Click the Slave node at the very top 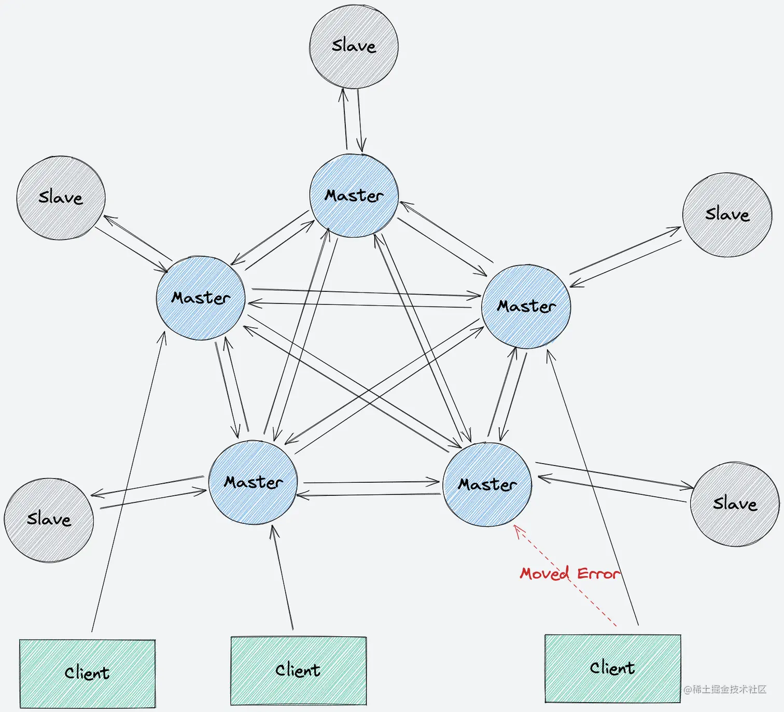[354, 47]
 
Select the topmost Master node [354, 196]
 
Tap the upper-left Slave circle [61, 198]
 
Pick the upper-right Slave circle [727, 215]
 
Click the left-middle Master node [201, 298]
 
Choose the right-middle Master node [526, 306]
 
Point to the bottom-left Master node [253, 482]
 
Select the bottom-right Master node [487, 484]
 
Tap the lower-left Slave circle [49, 519]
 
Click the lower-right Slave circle [734, 504]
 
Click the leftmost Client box [87, 673]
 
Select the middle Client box [298, 671]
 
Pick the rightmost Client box [612, 668]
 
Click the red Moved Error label [569, 574]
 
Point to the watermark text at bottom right [724, 689]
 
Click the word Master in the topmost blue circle [354, 196]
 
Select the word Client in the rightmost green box [612, 668]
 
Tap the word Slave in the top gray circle [354, 46]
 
